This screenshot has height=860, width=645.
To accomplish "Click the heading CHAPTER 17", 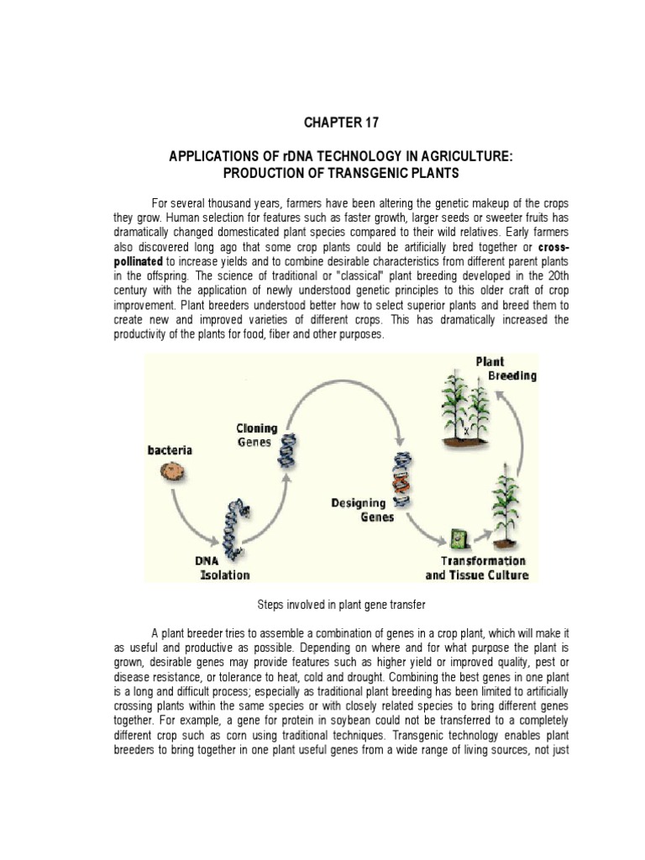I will pos(341,123).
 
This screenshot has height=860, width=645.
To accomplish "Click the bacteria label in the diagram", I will pos(170,450).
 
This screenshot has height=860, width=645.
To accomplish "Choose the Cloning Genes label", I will pos(256,435).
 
